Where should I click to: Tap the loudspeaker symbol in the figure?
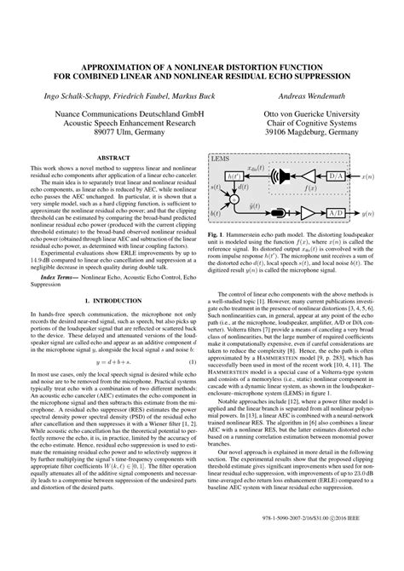(x=279, y=176)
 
